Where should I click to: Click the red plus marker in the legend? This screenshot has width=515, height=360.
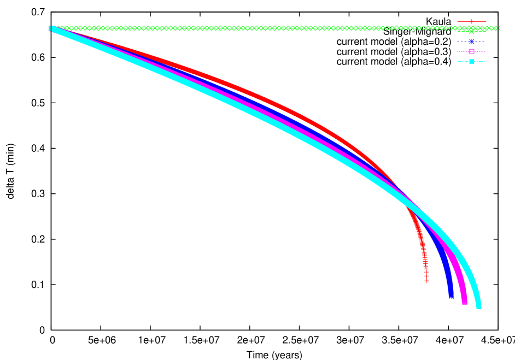471,22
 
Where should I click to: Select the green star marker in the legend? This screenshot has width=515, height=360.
471,31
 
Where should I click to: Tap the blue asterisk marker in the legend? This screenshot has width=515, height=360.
471,42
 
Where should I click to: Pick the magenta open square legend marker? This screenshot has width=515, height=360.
471,51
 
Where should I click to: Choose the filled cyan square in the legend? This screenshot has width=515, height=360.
471,61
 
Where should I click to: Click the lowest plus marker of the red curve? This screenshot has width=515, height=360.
426,281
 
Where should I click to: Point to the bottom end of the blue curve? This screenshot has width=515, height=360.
450,297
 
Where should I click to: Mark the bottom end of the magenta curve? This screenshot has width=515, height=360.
464,302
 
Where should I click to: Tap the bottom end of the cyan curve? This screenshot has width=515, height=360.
478,306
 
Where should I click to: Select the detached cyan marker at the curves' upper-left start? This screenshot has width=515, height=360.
50,28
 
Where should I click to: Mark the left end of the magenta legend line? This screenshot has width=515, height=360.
458,51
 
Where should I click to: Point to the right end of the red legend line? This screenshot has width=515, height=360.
485,22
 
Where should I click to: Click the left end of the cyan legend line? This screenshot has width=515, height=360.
458,61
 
